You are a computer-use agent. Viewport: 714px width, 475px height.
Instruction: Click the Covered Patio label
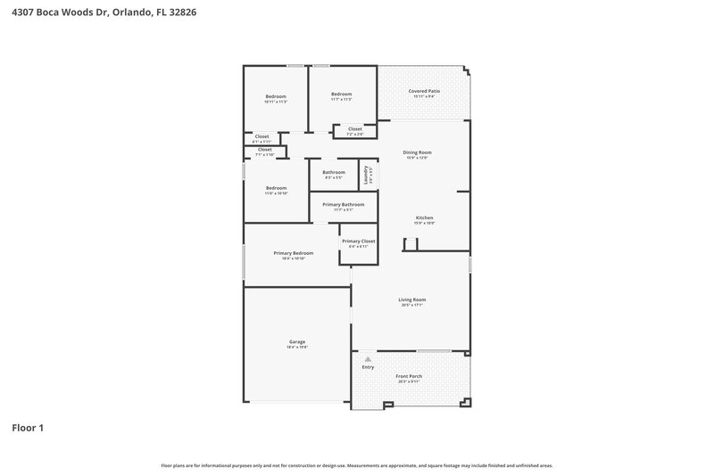[424, 91]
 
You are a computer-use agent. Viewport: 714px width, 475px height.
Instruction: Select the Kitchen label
[424, 218]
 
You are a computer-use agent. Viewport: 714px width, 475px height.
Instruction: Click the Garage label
[296, 342]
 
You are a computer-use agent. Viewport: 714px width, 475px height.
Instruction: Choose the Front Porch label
[409, 376]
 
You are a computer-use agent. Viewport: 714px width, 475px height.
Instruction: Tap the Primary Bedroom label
[294, 253]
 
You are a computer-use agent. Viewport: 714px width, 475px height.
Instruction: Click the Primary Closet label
[358, 242]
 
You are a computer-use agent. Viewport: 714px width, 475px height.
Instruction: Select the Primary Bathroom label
[344, 205]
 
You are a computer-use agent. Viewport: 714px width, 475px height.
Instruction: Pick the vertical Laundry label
[365, 174]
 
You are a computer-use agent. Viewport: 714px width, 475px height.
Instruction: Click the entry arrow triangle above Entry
[367, 358]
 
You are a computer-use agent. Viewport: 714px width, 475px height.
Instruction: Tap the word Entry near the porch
[368, 367]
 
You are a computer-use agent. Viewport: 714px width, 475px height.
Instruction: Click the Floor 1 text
[28, 428]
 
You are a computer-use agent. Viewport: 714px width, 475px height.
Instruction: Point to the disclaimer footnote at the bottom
[357, 465]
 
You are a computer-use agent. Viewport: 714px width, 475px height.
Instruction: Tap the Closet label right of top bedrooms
[354, 129]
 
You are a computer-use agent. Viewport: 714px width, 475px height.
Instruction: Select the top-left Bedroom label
[276, 96]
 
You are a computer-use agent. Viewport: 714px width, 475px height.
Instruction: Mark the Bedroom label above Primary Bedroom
[276, 188]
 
